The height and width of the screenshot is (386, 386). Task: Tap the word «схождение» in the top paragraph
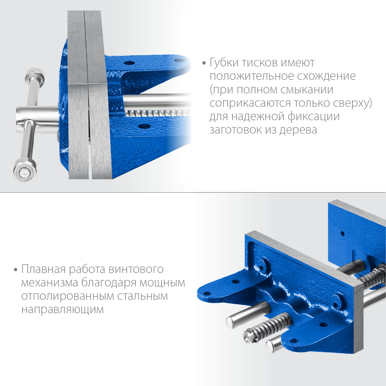click(x=326, y=76)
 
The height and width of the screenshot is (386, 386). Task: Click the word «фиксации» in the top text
click(x=313, y=117)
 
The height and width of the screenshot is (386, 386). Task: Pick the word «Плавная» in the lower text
click(x=43, y=269)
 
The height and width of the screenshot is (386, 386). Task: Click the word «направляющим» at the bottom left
click(x=63, y=310)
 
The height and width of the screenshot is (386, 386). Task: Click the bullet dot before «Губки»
click(x=204, y=63)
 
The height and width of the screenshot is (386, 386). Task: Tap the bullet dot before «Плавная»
click(x=16, y=270)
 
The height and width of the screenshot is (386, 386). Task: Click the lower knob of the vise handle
click(x=25, y=170)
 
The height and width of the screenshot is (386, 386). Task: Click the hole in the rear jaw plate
click(x=343, y=234)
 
